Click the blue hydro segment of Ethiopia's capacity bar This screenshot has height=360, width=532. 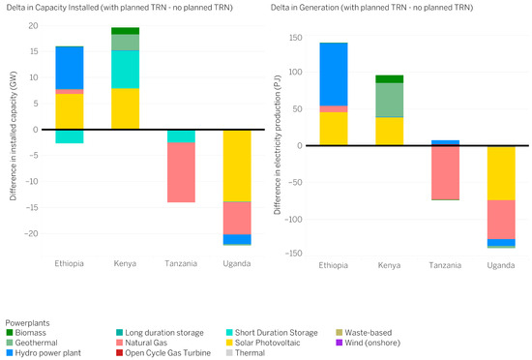(x=70, y=68)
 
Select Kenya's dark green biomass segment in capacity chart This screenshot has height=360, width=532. (x=125, y=31)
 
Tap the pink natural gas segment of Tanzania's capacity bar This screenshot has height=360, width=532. (x=181, y=172)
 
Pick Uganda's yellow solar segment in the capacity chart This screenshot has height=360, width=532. (x=237, y=165)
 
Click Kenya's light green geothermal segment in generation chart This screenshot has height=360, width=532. (x=390, y=100)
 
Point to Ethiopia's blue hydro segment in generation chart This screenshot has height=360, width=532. (x=334, y=75)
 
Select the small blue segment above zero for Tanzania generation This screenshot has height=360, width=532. (x=445, y=142)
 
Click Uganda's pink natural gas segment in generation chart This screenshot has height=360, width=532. (x=501, y=220)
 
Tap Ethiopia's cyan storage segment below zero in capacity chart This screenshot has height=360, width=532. (x=70, y=136)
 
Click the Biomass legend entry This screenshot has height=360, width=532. (x=26, y=333)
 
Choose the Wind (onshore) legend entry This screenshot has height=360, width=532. (x=369, y=343)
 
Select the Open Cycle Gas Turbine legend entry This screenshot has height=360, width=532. (x=163, y=353)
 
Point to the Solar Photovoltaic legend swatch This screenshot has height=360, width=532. (x=229, y=343)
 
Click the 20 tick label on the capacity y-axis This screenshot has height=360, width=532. (x=33, y=26)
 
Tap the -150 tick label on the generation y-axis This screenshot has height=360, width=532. (x=293, y=254)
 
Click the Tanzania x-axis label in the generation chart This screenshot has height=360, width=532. (x=445, y=265)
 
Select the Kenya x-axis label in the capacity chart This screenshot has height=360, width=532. (x=125, y=263)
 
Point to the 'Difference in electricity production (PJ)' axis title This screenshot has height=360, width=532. (x=278, y=144)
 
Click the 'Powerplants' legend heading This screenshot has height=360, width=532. (x=27, y=323)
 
